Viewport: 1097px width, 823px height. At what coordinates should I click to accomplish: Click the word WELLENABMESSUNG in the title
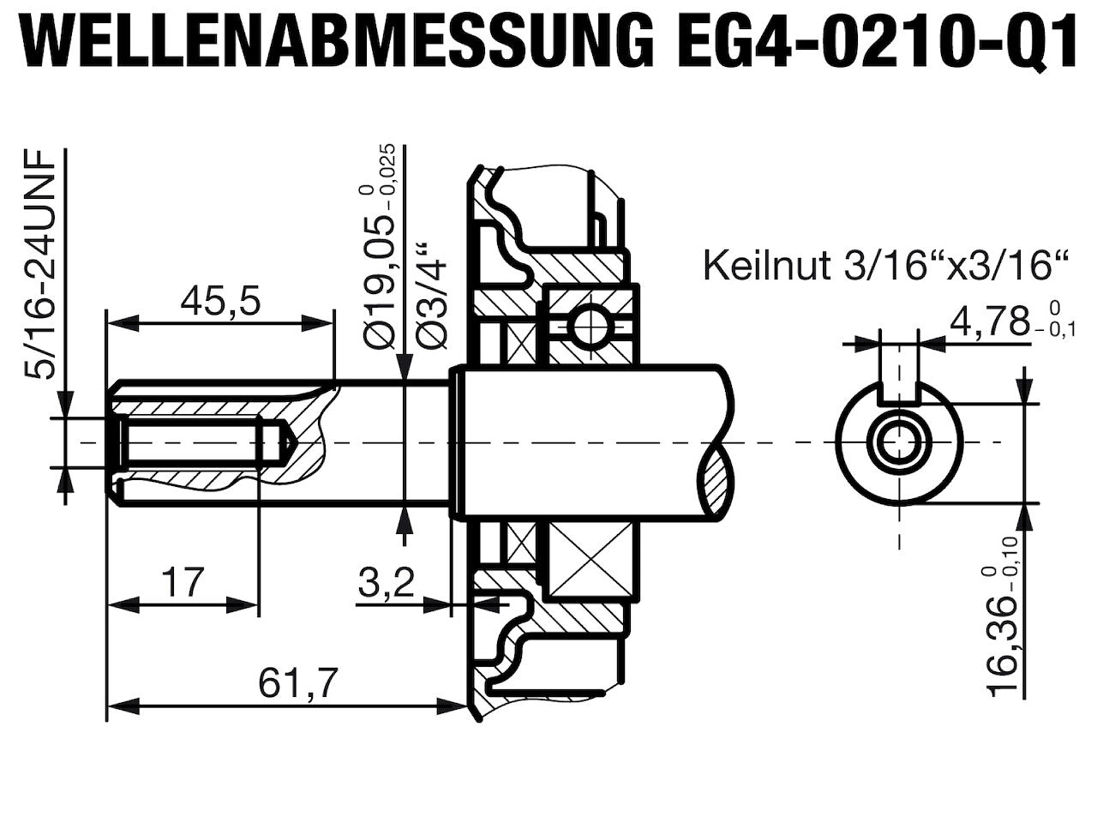point(339,40)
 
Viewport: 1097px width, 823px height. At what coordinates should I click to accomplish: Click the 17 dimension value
point(183,582)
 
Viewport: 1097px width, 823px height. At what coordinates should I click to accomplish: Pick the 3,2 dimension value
point(387,584)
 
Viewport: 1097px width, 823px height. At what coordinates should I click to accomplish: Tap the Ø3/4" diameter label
point(431,296)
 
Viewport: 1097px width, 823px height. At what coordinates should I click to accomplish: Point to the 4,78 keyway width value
point(989,323)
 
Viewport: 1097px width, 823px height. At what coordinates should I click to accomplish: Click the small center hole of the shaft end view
point(900,442)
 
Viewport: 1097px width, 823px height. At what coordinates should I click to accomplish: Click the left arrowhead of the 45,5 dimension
point(123,323)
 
